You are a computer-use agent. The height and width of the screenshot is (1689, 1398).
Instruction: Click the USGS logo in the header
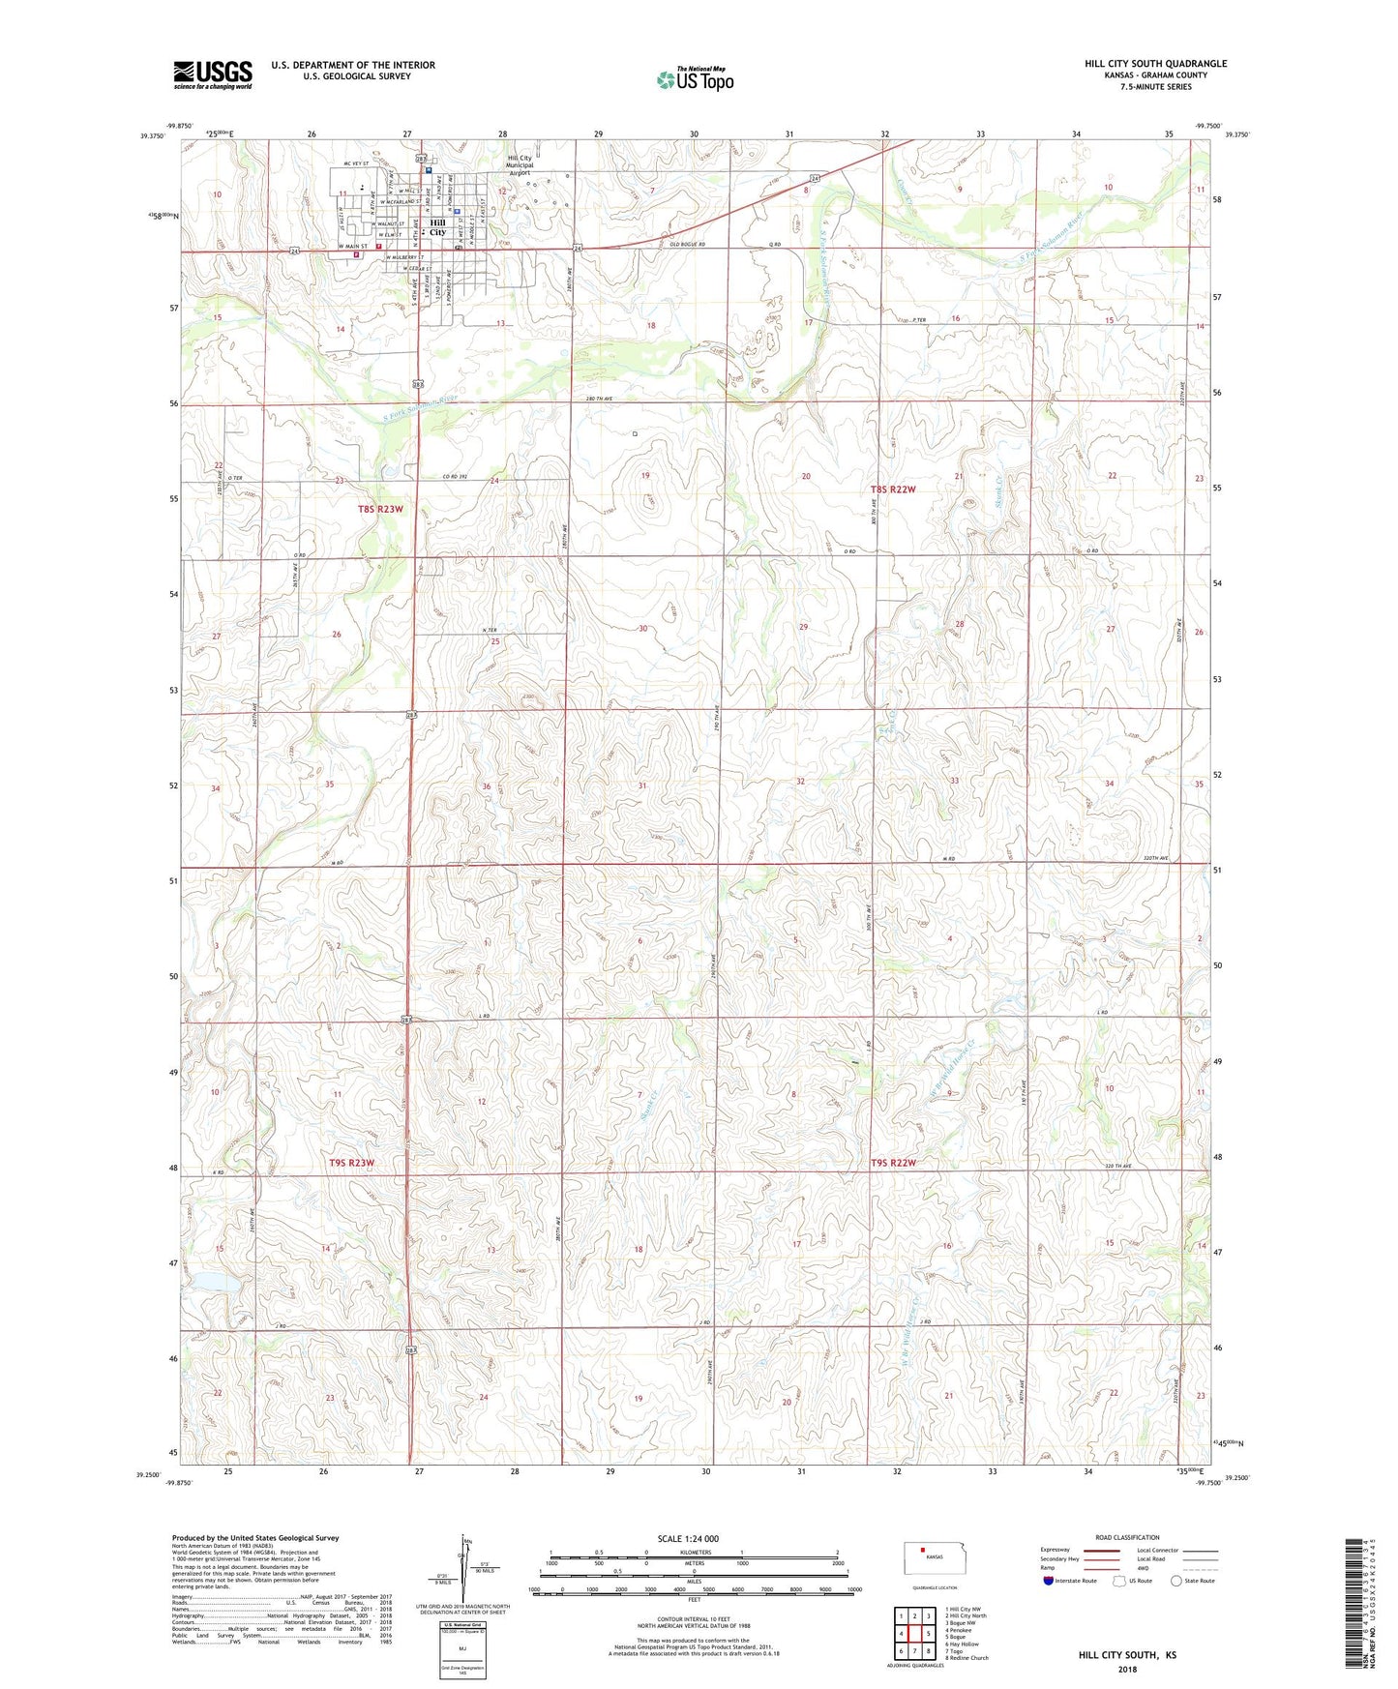click(x=213, y=74)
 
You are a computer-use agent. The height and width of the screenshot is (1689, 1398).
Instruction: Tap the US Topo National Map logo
click(x=695, y=79)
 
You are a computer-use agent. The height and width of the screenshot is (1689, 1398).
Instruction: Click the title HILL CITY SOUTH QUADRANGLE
click(x=1155, y=64)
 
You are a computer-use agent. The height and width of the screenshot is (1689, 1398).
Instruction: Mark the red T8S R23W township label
click(x=379, y=509)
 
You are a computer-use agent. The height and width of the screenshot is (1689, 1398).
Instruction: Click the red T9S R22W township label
click(x=892, y=1163)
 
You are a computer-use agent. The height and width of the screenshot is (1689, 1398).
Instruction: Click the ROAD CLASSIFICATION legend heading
click(x=1127, y=1537)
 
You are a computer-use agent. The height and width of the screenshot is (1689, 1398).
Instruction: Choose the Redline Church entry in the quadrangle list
click(x=967, y=1657)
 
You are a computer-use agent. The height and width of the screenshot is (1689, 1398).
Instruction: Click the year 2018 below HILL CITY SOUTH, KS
click(x=1127, y=1669)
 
